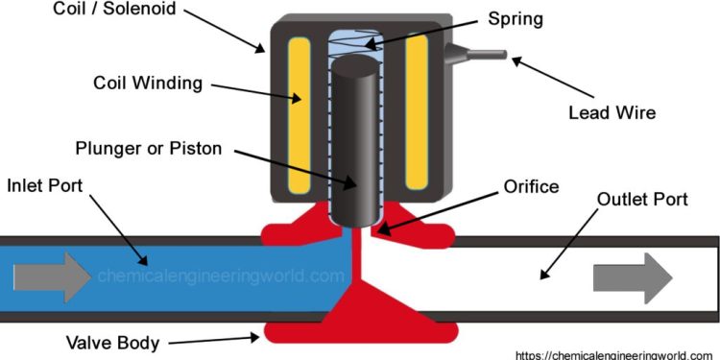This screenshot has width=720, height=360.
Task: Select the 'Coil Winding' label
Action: pos(148,83)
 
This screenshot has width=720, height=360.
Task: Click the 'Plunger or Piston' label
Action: pos(149,148)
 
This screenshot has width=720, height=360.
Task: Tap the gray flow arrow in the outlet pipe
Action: pos(631,278)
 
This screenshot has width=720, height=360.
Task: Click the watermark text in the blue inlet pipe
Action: pos(220,276)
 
